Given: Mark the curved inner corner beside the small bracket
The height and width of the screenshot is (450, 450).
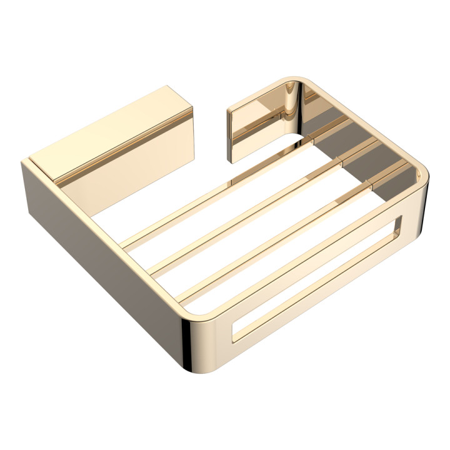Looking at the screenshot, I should tap(294, 112).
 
